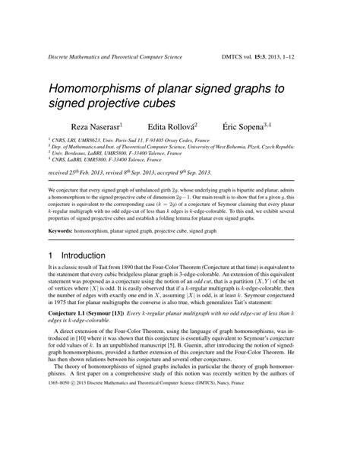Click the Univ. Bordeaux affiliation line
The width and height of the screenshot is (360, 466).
109,154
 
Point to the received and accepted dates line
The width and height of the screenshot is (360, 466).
128,173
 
